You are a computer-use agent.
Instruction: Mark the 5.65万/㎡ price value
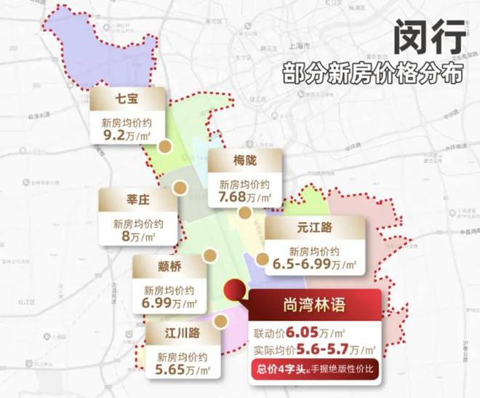click(x=183, y=371)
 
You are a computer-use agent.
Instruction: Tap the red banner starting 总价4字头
click(x=314, y=370)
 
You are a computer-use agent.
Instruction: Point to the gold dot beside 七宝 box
click(x=166, y=146)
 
